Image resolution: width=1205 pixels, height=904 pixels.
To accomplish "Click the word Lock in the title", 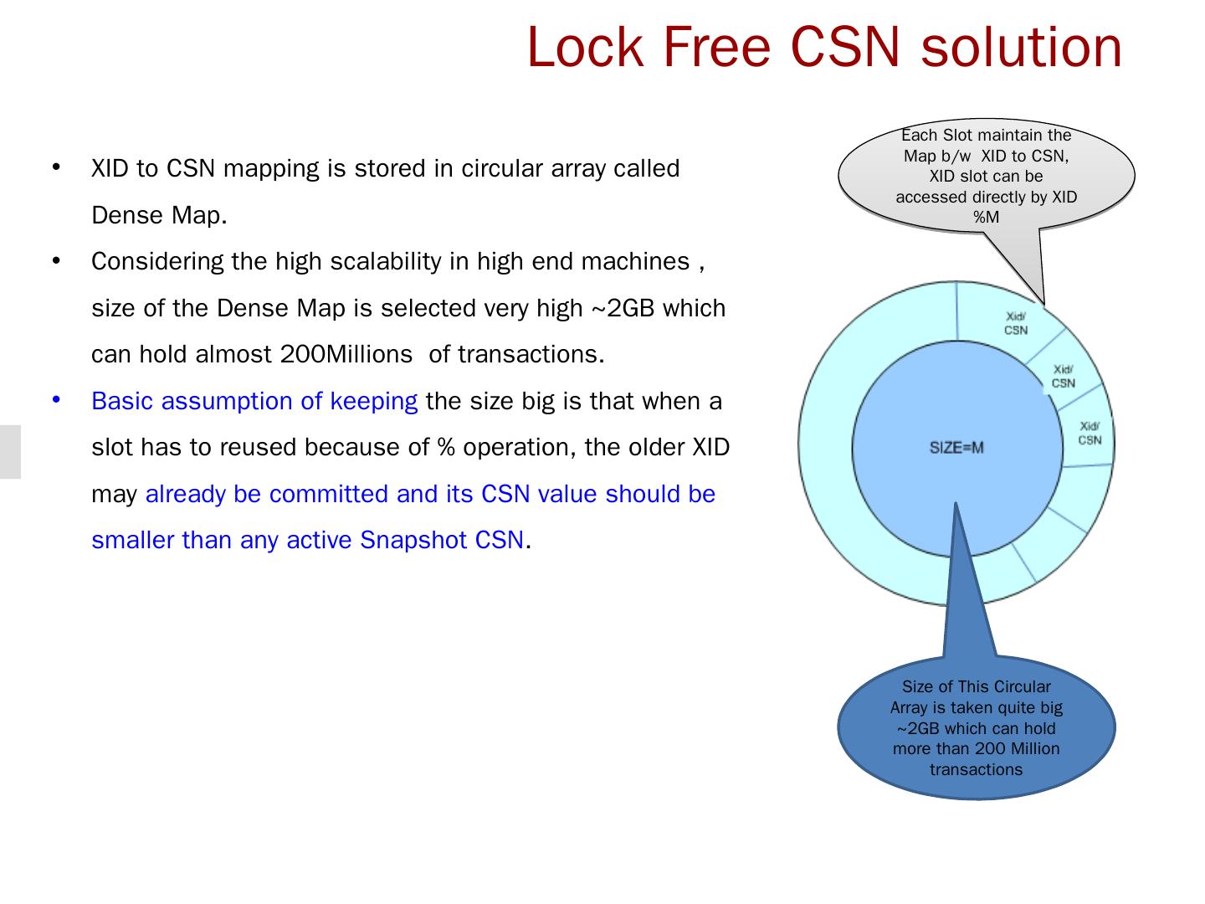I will click(586, 47).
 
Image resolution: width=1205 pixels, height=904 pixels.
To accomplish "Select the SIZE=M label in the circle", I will click(956, 448).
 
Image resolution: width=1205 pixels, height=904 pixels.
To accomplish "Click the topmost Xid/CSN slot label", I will click(1016, 323).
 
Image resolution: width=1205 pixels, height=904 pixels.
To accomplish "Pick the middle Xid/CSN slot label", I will click(1064, 377).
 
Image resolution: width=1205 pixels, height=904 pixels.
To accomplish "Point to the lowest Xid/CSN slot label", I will click(1090, 434).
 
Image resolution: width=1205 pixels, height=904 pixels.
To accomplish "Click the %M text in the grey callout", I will click(986, 218).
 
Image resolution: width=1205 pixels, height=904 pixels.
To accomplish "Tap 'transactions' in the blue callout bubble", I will click(976, 770).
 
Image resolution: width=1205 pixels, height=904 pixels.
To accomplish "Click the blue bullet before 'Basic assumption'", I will click(57, 400).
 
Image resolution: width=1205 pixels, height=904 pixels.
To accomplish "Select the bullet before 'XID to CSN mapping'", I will click(57, 167).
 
